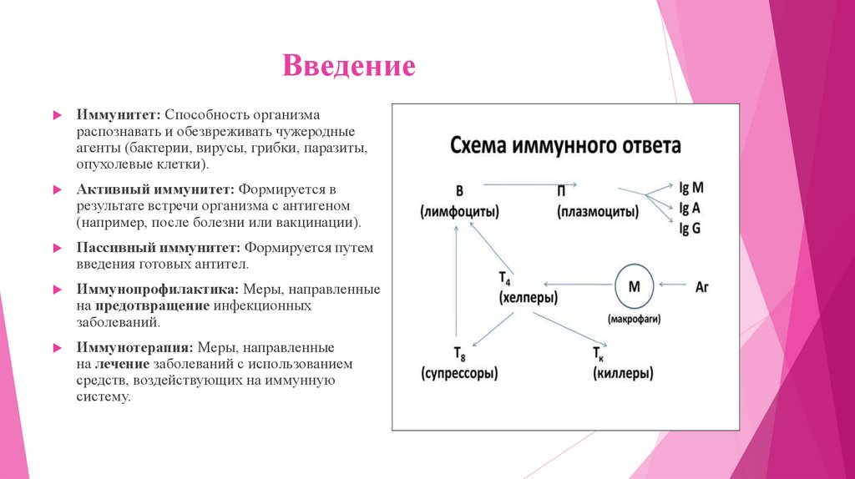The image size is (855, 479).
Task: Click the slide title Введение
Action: coord(348,66)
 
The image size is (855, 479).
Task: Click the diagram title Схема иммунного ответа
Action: coord(565,145)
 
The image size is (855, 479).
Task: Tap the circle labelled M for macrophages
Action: coord(634,286)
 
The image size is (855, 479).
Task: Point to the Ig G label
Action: coord(690,228)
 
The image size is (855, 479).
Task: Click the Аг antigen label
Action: coord(701,286)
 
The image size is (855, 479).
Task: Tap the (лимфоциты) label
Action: coord(459,213)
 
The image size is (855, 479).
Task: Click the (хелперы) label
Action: coord(529,297)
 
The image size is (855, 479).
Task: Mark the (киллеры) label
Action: coord(623,374)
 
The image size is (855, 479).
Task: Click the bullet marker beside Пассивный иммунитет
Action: coord(56,249)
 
